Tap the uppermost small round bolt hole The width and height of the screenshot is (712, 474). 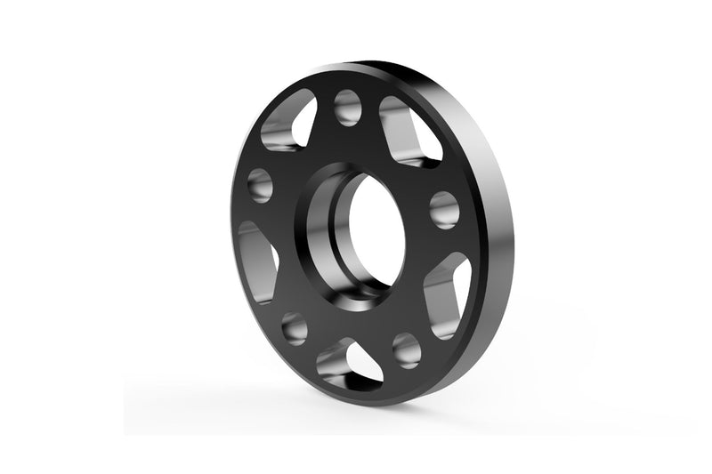(348, 108)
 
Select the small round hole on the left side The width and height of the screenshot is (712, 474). (260, 184)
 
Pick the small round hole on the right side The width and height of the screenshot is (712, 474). (443, 210)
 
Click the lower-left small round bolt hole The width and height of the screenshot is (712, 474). (295, 327)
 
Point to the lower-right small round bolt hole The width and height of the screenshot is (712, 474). (406, 349)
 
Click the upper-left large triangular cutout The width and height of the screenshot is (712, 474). (290, 125)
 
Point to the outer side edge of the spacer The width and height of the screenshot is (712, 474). (498, 222)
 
